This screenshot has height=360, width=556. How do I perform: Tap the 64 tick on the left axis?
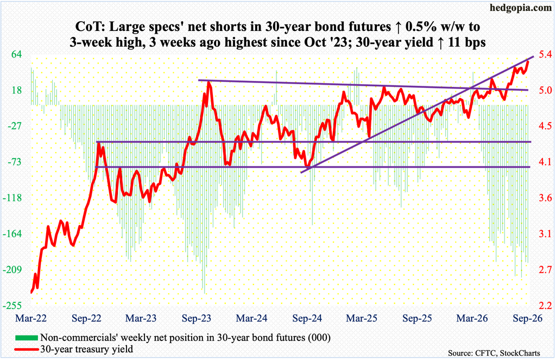pyautogui.click(x=17, y=55)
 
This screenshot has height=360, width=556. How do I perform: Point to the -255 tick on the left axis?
pyautogui.click(x=12, y=306)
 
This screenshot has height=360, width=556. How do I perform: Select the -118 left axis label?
pyautogui.click(x=12, y=198)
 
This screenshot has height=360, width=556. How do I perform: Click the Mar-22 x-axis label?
pyautogui.click(x=31, y=318)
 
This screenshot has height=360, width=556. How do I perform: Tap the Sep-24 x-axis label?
pyautogui.click(x=307, y=318)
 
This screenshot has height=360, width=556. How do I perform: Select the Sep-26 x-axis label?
pyautogui.click(x=528, y=318)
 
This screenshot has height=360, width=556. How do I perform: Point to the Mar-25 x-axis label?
pyautogui.click(x=362, y=318)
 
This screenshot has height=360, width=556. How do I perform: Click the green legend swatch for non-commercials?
pyautogui.click(x=26, y=337)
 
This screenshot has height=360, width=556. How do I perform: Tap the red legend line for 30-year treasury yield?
pyautogui.click(x=26, y=349)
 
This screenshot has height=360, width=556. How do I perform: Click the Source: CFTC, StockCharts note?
pyautogui.click(x=494, y=353)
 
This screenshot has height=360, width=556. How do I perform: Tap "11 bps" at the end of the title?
pyautogui.click(x=465, y=42)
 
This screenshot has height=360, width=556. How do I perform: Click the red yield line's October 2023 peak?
pyautogui.click(x=208, y=83)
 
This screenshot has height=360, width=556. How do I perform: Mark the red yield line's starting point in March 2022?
pyautogui.click(x=31, y=293)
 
